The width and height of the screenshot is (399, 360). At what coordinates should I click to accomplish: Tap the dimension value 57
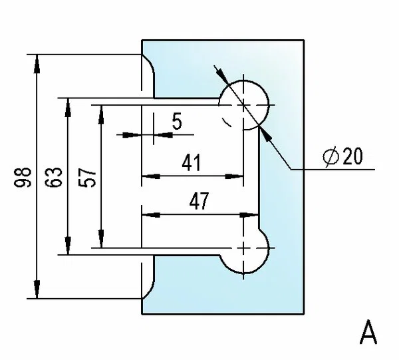(88, 176)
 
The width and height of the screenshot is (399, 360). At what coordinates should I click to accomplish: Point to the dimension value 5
(177, 121)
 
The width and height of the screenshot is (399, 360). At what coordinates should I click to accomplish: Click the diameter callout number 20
(352, 156)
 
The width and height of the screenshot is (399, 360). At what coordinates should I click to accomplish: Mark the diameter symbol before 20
(331, 156)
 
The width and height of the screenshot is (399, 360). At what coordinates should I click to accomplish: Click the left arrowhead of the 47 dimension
(149, 215)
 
